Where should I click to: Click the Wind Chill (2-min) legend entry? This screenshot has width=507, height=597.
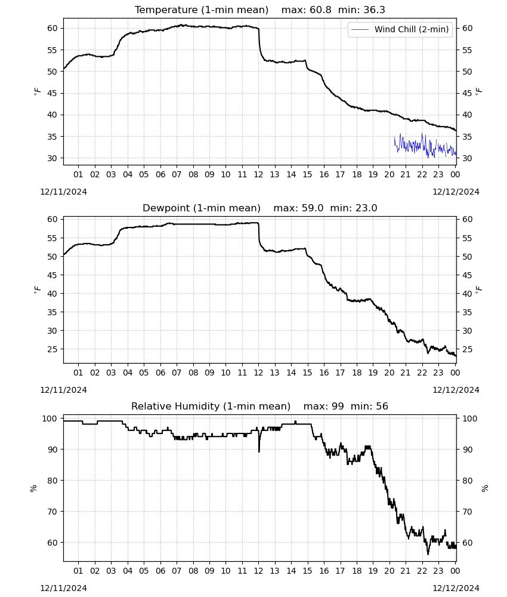coord(400,29)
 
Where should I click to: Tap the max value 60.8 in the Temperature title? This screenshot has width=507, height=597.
coord(321,10)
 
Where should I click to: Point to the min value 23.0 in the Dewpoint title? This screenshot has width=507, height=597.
coord(366,208)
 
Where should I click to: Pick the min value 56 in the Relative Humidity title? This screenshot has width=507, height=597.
coord(382,406)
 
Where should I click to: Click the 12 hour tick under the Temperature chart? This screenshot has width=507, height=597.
coord(259,174)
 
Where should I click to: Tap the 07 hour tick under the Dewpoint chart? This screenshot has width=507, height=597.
coord(177,373)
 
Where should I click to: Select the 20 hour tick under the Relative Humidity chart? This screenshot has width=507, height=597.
coord(389,571)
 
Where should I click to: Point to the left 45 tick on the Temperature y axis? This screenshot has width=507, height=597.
coord(52,93)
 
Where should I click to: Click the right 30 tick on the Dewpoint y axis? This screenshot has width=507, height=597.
coord(467,331)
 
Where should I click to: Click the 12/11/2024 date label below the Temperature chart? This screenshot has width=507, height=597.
coord(63,192)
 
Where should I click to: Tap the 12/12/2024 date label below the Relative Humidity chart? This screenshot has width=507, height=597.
coord(456,588)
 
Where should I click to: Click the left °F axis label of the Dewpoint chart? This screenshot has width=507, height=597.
coord(37,290)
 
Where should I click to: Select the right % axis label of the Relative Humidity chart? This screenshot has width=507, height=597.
coord(484,488)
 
